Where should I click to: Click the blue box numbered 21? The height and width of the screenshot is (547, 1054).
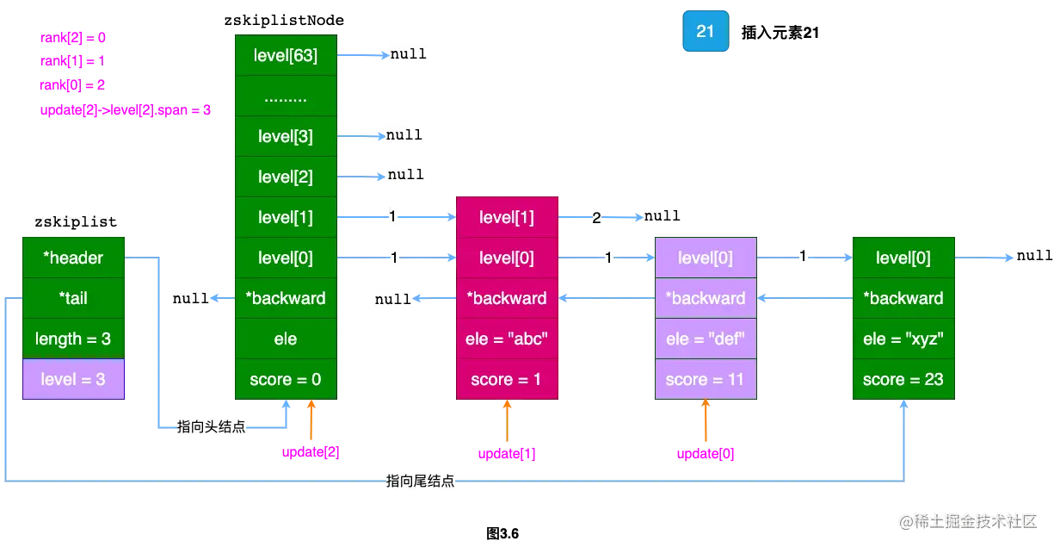705,32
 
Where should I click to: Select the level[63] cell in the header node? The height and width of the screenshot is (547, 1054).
286,56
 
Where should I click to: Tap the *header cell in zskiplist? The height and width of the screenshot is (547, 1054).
74,258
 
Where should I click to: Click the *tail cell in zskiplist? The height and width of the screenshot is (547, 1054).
74,298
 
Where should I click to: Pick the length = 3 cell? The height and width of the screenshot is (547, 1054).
74,339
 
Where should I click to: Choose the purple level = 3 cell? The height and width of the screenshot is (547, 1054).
74,379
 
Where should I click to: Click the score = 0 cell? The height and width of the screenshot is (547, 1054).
286,379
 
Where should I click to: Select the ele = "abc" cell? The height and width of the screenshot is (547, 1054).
506,339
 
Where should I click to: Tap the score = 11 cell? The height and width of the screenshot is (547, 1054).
706,379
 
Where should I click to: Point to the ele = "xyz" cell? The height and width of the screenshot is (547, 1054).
903,339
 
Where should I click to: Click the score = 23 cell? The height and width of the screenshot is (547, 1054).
903,379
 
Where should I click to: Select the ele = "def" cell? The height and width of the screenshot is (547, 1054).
706,339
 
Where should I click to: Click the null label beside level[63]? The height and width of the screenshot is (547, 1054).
408,53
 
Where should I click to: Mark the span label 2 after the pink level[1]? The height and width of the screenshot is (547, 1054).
596,218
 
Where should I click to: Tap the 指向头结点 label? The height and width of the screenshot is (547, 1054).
210,427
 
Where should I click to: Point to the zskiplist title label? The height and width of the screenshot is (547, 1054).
74,222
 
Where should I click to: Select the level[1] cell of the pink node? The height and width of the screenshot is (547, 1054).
506,218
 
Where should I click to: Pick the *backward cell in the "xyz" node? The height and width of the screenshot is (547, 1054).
903,298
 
